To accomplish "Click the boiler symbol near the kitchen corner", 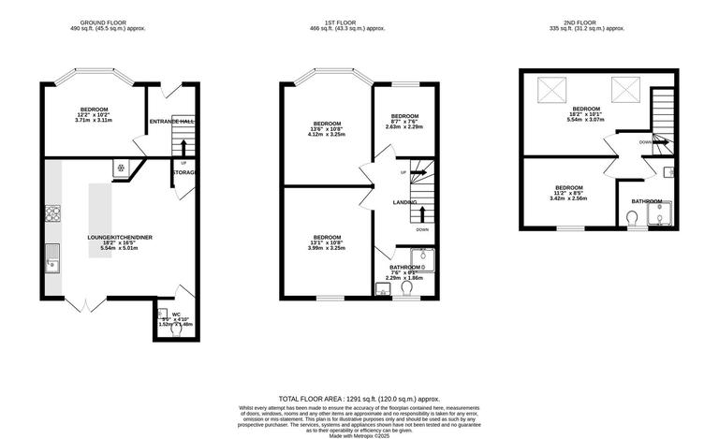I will point(120,169).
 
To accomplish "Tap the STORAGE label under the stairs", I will point(183,172).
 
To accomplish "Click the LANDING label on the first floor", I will point(404,202).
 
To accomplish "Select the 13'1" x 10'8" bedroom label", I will point(327,241).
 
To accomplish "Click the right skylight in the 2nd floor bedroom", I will point(624,90).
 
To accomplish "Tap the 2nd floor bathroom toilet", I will point(633,218).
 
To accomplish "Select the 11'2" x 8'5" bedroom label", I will point(568,193).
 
